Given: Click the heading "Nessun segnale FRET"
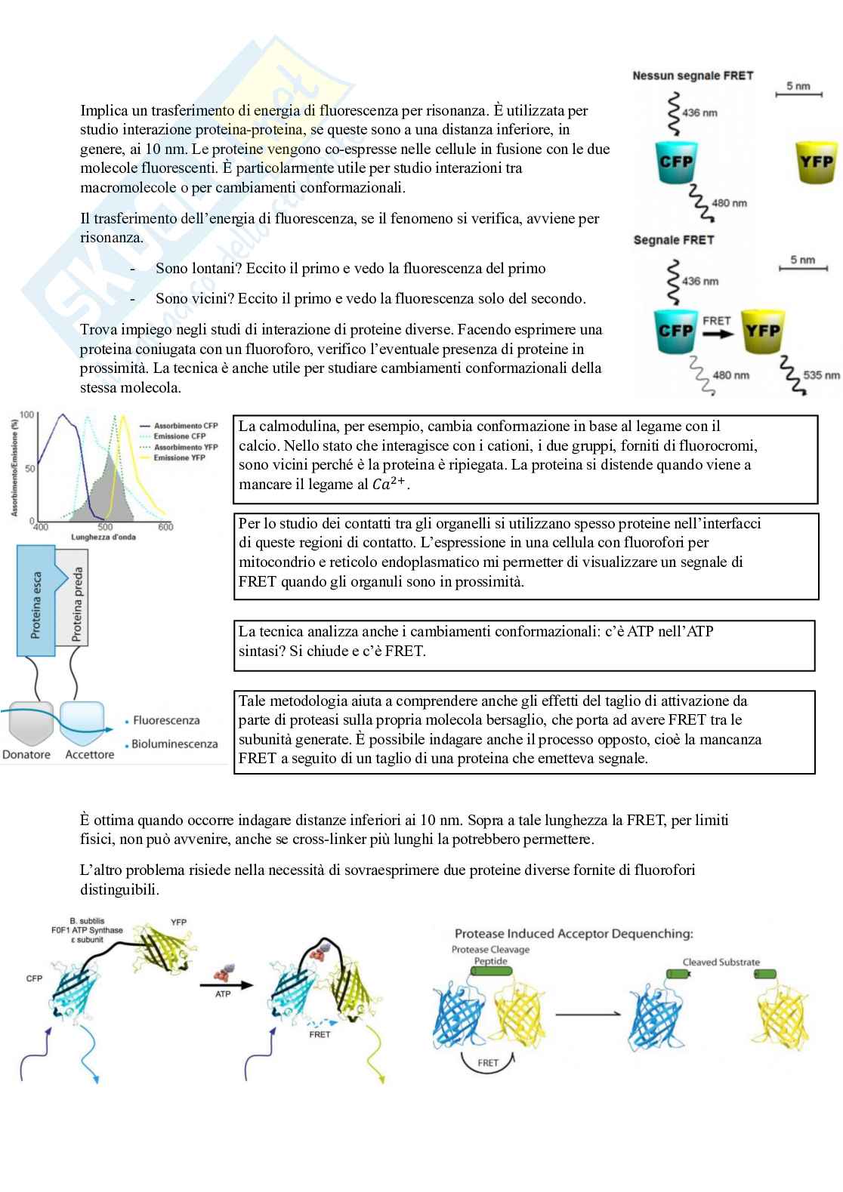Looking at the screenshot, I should click(693, 75).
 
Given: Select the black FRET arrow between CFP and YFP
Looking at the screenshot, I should click(717, 332).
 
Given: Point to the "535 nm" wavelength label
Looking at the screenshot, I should click(822, 375).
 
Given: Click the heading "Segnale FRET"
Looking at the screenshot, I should click(673, 240).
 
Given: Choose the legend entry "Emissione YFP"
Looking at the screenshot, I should click(179, 457).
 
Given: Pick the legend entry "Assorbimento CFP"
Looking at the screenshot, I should click(185, 426).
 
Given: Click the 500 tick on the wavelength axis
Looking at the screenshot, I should click(105, 527).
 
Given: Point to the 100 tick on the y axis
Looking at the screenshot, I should click(26, 415).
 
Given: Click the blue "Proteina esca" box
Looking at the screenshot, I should click(36, 604).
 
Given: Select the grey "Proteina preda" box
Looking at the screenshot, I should click(76, 604).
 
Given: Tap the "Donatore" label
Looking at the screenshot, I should click(26, 754).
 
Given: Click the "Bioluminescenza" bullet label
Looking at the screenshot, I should click(174, 744).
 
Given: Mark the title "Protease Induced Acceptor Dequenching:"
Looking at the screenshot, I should click(573, 934).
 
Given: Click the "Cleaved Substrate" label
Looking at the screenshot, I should click(721, 962).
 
